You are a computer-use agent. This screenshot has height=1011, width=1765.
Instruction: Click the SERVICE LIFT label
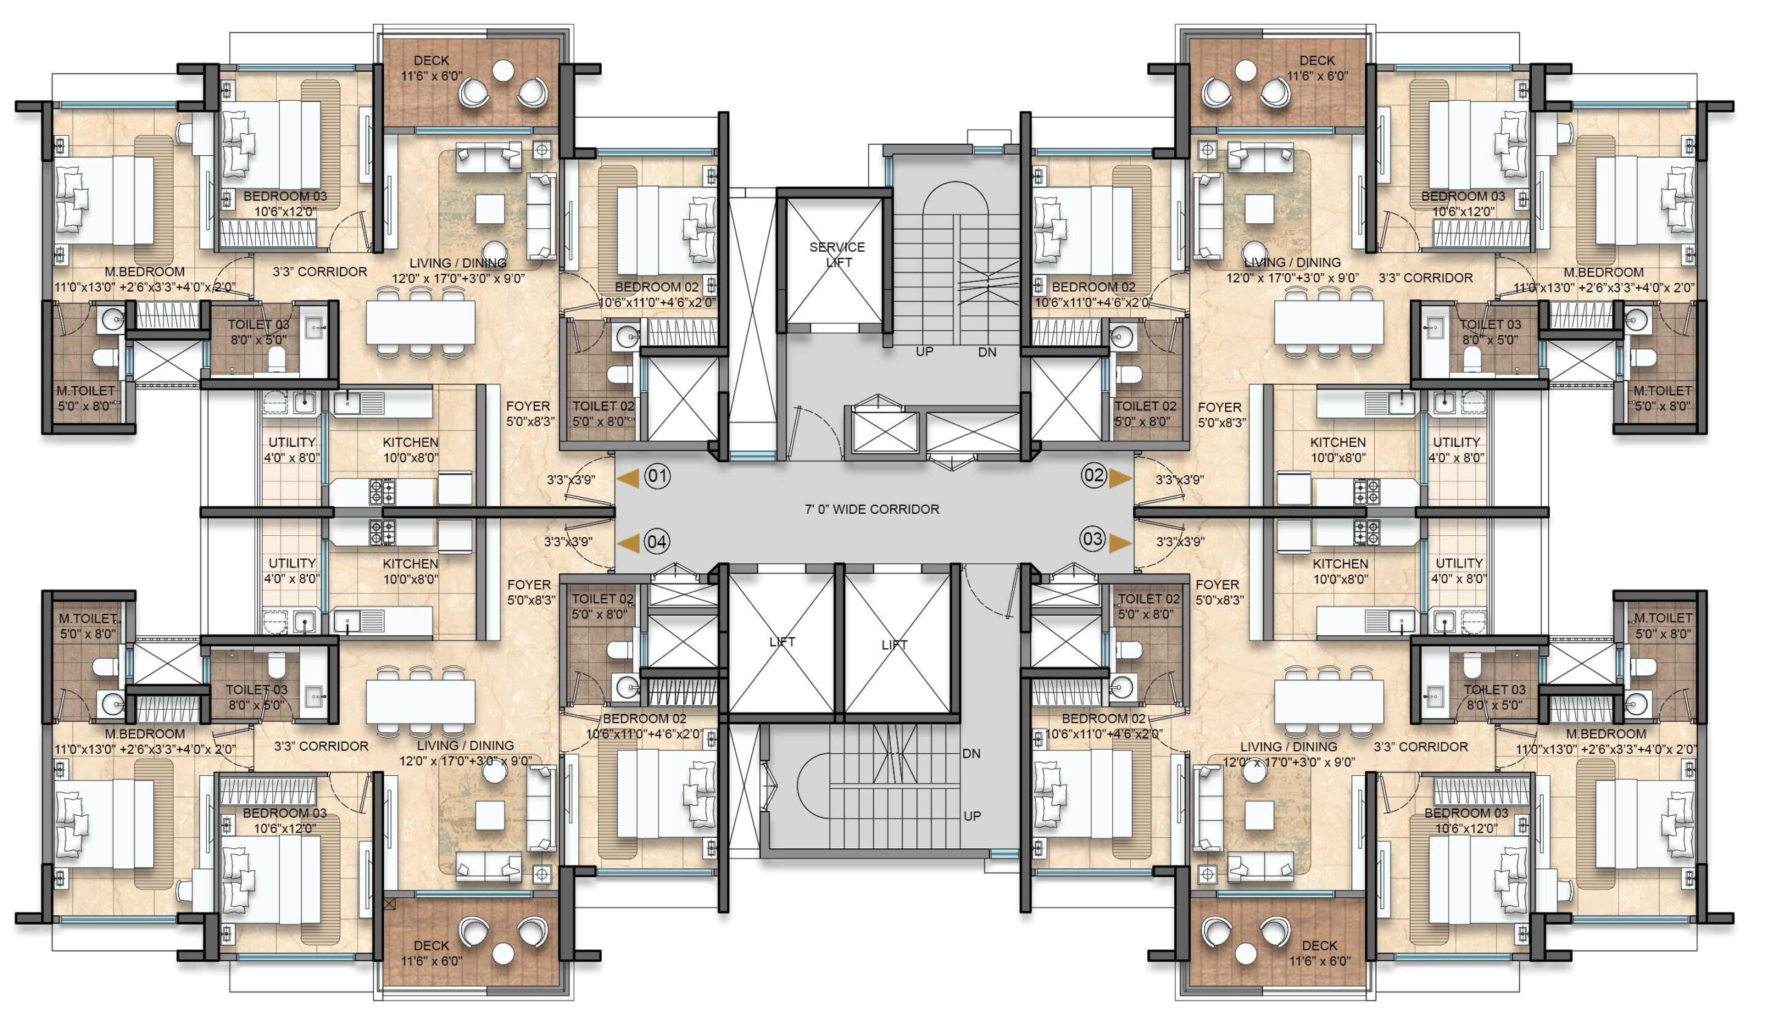tap(837, 254)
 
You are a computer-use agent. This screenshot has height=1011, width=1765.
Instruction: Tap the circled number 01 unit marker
tap(657, 477)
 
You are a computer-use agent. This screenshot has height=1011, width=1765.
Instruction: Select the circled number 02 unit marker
tap(1094, 475)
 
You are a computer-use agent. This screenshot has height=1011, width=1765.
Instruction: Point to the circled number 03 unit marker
tap(1093, 539)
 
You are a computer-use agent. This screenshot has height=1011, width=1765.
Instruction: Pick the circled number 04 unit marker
tap(656, 542)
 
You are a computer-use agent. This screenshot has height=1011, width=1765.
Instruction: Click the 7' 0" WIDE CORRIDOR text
tap(871, 509)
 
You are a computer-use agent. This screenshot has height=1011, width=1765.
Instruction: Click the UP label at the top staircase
tap(925, 351)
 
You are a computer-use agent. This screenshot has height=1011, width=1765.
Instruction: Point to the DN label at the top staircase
tap(987, 352)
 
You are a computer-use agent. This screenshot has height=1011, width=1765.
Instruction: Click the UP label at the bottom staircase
tap(971, 816)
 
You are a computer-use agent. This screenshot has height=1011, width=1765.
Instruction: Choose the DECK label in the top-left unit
tap(431, 61)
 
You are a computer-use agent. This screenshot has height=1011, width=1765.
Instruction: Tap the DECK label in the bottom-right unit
tap(1320, 945)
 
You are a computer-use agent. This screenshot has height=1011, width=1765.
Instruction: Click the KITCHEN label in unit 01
tap(411, 442)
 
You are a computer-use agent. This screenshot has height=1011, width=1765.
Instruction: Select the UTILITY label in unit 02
tap(1457, 441)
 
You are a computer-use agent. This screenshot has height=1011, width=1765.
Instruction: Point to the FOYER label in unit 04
tap(529, 585)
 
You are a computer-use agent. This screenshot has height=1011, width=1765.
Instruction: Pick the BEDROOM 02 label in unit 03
tap(1104, 719)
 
